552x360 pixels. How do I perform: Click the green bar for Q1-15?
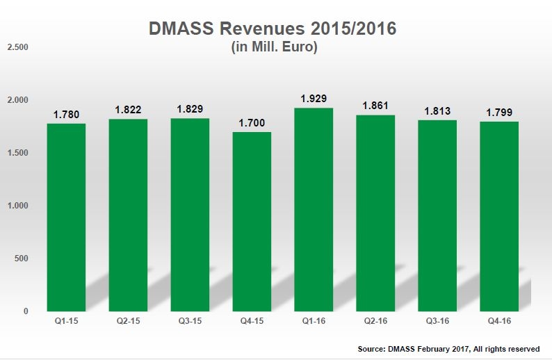66,217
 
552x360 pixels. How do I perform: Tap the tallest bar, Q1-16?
313,209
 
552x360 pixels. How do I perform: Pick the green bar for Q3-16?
437,215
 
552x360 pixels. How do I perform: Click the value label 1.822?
128,110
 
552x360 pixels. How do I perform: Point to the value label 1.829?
190,109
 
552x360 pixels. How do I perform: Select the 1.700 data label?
252,123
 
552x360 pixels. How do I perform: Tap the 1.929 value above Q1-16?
314,99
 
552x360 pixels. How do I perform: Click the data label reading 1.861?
375,106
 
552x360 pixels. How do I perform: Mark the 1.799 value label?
499,113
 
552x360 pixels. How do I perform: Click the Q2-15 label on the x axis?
128,322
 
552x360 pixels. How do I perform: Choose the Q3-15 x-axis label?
190,322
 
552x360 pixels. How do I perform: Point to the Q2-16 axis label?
375,322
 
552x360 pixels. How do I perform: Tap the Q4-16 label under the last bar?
499,322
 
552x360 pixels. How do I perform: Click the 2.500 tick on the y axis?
17,47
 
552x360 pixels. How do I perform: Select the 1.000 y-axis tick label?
17,206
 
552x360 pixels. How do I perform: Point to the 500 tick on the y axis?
21,259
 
